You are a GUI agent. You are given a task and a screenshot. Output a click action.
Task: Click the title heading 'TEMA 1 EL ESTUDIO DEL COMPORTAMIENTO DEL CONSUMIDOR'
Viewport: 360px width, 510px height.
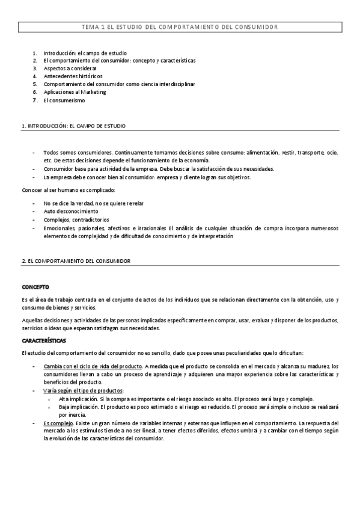point(180,27)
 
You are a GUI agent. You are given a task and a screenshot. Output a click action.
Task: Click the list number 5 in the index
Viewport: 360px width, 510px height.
point(35,84)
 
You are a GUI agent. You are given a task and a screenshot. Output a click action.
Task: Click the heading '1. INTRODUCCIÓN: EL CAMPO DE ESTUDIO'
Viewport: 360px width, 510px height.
point(73,126)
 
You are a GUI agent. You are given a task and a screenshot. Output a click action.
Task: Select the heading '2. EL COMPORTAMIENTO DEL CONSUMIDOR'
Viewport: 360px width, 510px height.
point(76,261)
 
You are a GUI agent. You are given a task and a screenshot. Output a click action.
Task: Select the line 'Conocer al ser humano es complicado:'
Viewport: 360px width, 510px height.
point(68,190)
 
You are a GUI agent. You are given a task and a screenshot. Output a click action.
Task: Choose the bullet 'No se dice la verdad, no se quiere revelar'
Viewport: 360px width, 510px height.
point(94,203)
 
